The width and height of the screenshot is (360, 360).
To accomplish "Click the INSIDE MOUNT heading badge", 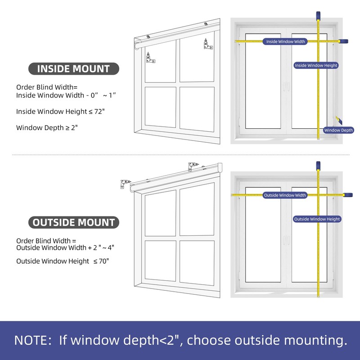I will pos(74,69).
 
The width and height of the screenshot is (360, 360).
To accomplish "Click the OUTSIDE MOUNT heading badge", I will pos(74,222).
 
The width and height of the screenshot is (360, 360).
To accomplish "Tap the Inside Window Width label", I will pos(285,41).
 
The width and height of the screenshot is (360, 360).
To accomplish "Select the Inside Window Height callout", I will pos(316,65).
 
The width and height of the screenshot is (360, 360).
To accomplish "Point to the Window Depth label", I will pos(339,130).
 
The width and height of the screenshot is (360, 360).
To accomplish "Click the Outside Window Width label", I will pos(285,195).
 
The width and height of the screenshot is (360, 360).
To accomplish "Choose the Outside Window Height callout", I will pos(317,219).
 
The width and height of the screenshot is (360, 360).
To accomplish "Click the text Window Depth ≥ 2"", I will pos(47,128).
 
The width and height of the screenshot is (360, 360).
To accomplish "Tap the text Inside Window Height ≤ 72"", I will pos(60,111).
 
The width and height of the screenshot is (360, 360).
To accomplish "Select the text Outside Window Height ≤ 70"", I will pos(63,261).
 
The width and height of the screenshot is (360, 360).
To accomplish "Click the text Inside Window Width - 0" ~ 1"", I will pos(66,95).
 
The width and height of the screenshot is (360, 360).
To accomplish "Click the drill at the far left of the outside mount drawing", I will pos(123,184).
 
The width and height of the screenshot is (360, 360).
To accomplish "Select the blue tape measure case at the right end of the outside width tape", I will pos(347,195).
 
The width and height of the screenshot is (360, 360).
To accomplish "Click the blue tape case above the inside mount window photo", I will pos(318,15).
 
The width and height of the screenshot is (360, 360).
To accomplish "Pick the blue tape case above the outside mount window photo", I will pos(318,166).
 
